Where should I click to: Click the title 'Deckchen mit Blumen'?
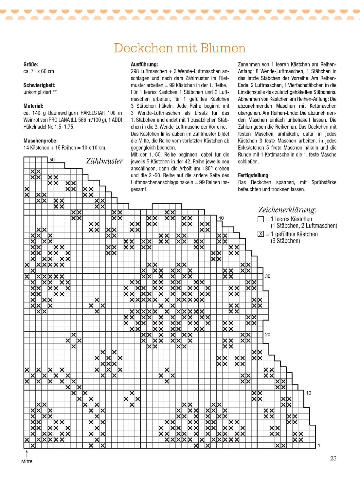coord(180,48)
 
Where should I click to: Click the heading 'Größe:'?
coord(31,64)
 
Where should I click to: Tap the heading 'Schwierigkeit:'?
coord(39,85)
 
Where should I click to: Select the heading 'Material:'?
coord(33,106)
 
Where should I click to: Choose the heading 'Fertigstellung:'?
coord(254,175)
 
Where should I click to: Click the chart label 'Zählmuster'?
coord(104,161)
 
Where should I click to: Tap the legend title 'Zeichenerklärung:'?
coord(287,210)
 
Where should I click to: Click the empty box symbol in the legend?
coord(261,219)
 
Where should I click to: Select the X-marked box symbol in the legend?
coord(261,234)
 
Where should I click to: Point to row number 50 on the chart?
coord(52,160)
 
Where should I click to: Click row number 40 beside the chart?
coord(221,218)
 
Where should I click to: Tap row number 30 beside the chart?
coord(268,276)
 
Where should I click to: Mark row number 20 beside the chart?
coord(268,334)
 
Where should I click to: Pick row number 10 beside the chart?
coord(309,393)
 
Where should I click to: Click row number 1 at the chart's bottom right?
coord(319,445)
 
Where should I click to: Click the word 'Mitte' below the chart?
coord(27,461)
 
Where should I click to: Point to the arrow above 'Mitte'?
coord(27,453)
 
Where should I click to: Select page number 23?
coord(333,458)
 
